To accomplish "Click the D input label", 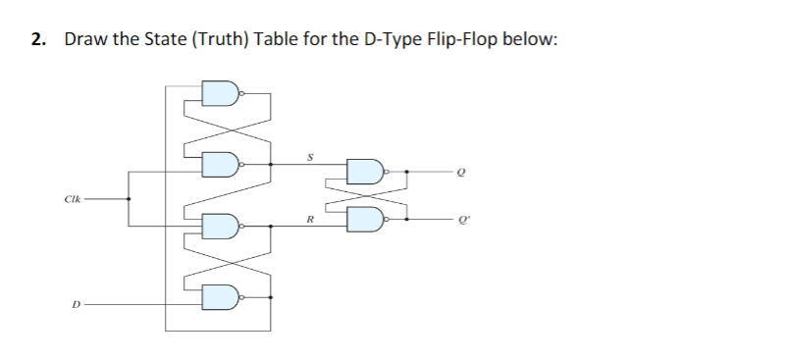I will (x=74, y=302).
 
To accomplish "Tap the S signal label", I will (x=311, y=154).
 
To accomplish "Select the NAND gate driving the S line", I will (x=220, y=162).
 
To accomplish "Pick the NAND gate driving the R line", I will (x=220, y=228).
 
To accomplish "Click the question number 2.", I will (x=37, y=40).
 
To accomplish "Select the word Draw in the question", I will (x=84, y=40).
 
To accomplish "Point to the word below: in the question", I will (x=534, y=40).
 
